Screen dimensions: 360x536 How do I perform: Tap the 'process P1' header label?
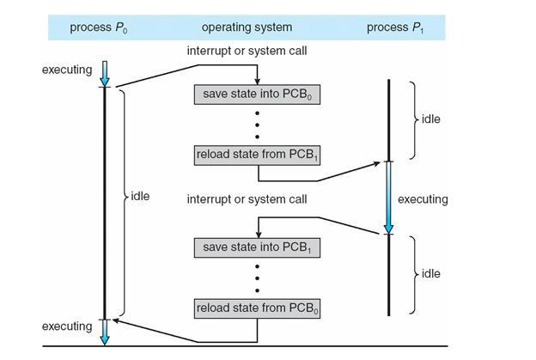point(396,28)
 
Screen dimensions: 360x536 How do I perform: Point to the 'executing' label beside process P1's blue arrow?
point(423,199)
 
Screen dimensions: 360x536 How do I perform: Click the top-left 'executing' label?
point(66,70)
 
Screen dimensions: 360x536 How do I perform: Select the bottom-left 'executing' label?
point(66,326)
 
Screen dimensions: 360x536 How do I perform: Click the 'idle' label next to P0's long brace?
point(140,197)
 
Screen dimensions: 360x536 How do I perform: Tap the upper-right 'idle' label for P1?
point(430,119)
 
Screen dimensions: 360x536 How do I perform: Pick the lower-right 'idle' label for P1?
point(430,273)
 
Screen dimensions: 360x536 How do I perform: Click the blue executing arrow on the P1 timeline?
point(388,198)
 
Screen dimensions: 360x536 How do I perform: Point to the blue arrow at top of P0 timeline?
point(104,71)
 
